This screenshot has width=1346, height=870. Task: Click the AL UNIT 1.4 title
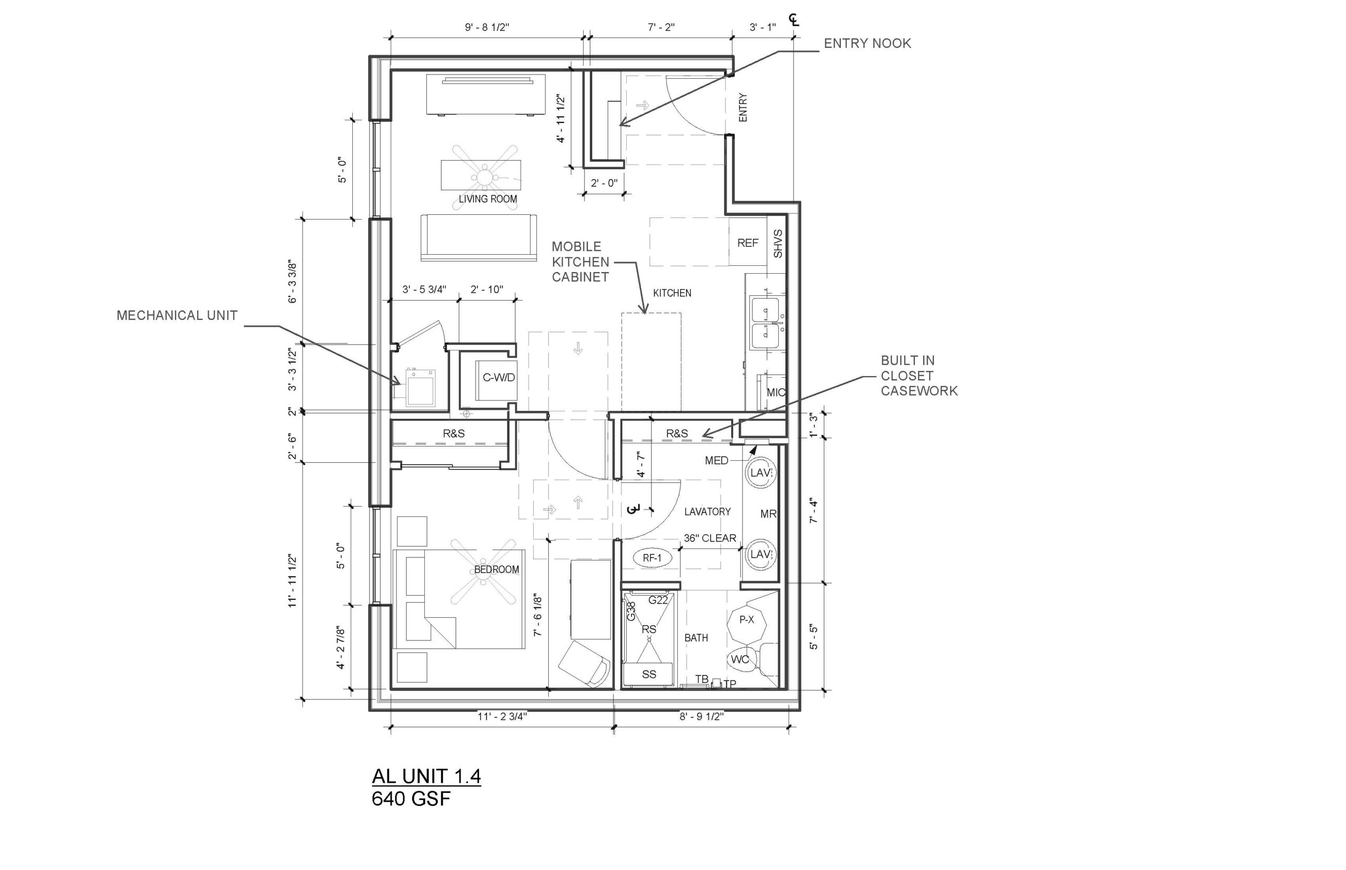(x=426, y=776)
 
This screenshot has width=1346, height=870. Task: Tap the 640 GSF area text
(x=411, y=799)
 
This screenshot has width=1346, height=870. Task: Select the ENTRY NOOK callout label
(x=867, y=44)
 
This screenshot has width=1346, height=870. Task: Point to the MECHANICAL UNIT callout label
(x=177, y=315)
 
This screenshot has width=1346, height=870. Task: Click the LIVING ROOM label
(x=488, y=199)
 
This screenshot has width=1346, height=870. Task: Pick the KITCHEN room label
(x=672, y=293)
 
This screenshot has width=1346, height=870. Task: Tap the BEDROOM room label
(x=496, y=569)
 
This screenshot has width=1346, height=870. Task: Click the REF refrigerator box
(x=748, y=242)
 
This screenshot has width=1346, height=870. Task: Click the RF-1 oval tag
(x=652, y=558)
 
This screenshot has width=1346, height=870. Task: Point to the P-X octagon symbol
(x=747, y=620)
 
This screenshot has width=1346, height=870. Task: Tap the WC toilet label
(x=740, y=659)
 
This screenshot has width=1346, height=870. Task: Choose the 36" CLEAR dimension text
(x=710, y=538)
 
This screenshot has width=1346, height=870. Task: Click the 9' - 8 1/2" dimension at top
(x=487, y=27)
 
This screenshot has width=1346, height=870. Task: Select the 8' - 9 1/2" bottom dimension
(x=701, y=717)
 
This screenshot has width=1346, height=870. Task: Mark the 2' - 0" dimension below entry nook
(x=604, y=183)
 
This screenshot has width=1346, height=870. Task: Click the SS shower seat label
(x=649, y=674)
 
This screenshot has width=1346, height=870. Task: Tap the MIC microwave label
(x=776, y=392)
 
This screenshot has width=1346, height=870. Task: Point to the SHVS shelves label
(x=778, y=243)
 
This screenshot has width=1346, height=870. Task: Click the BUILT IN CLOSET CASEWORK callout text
(x=919, y=376)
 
